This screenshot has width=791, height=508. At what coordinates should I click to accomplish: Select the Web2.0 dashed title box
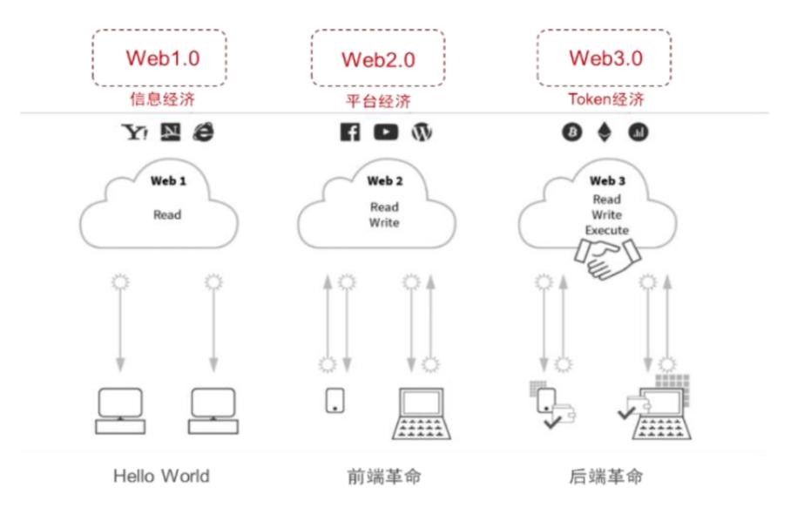click(x=377, y=59)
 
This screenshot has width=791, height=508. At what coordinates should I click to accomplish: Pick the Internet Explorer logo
click(x=202, y=132)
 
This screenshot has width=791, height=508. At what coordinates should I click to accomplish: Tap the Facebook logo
click(x=349, y=133)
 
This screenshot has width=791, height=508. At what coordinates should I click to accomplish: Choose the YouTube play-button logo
click(x=385, y=133)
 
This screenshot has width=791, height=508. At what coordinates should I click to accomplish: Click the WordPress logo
click(x=422, y=133)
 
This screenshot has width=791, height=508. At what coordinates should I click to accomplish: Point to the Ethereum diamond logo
click(x=604, y=132)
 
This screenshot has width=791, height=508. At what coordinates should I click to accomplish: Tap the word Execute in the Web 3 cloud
click(x=606, y=230)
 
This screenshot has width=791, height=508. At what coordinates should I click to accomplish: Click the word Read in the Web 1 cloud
click(x=167, y=214)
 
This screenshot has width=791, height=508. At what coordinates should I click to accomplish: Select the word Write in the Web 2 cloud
click(x=384, y=223)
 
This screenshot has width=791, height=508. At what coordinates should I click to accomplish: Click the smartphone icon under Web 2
click(x=335, y=399)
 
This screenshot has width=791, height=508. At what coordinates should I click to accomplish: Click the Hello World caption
click(x=161, y=477)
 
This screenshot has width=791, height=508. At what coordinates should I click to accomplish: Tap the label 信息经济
click(x=161, y=99)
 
